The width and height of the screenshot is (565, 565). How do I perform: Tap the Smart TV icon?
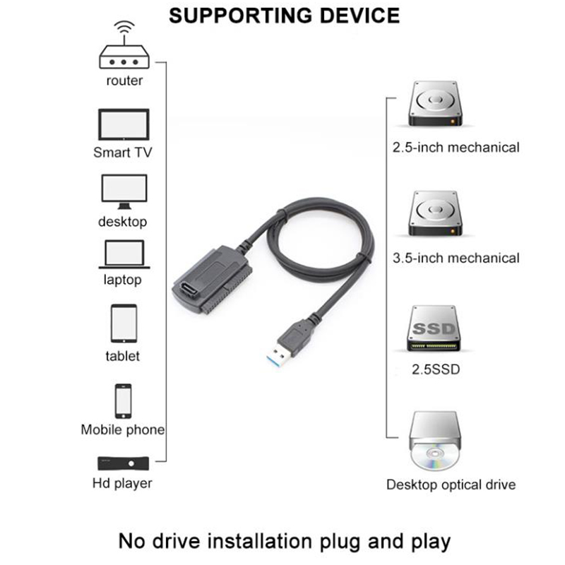click(x=123, y=125)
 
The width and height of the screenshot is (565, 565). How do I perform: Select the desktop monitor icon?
click(x=124, y=191)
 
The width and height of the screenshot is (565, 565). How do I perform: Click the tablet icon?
click(x=123, y=323)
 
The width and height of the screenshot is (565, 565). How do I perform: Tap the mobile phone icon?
click(x=123, y=400)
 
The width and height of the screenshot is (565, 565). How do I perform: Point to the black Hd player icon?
click(x=123, y=463)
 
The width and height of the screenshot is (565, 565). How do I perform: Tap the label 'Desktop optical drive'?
click(x=451, y=485)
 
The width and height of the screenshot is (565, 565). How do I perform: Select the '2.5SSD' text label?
click(x=435, y=369)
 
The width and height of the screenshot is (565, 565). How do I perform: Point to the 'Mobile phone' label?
click(x=123, y=429)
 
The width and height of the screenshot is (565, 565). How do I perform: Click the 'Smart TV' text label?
click(x=123, y=152)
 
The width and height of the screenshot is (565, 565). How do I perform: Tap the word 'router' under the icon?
click(x=124, y=81)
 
